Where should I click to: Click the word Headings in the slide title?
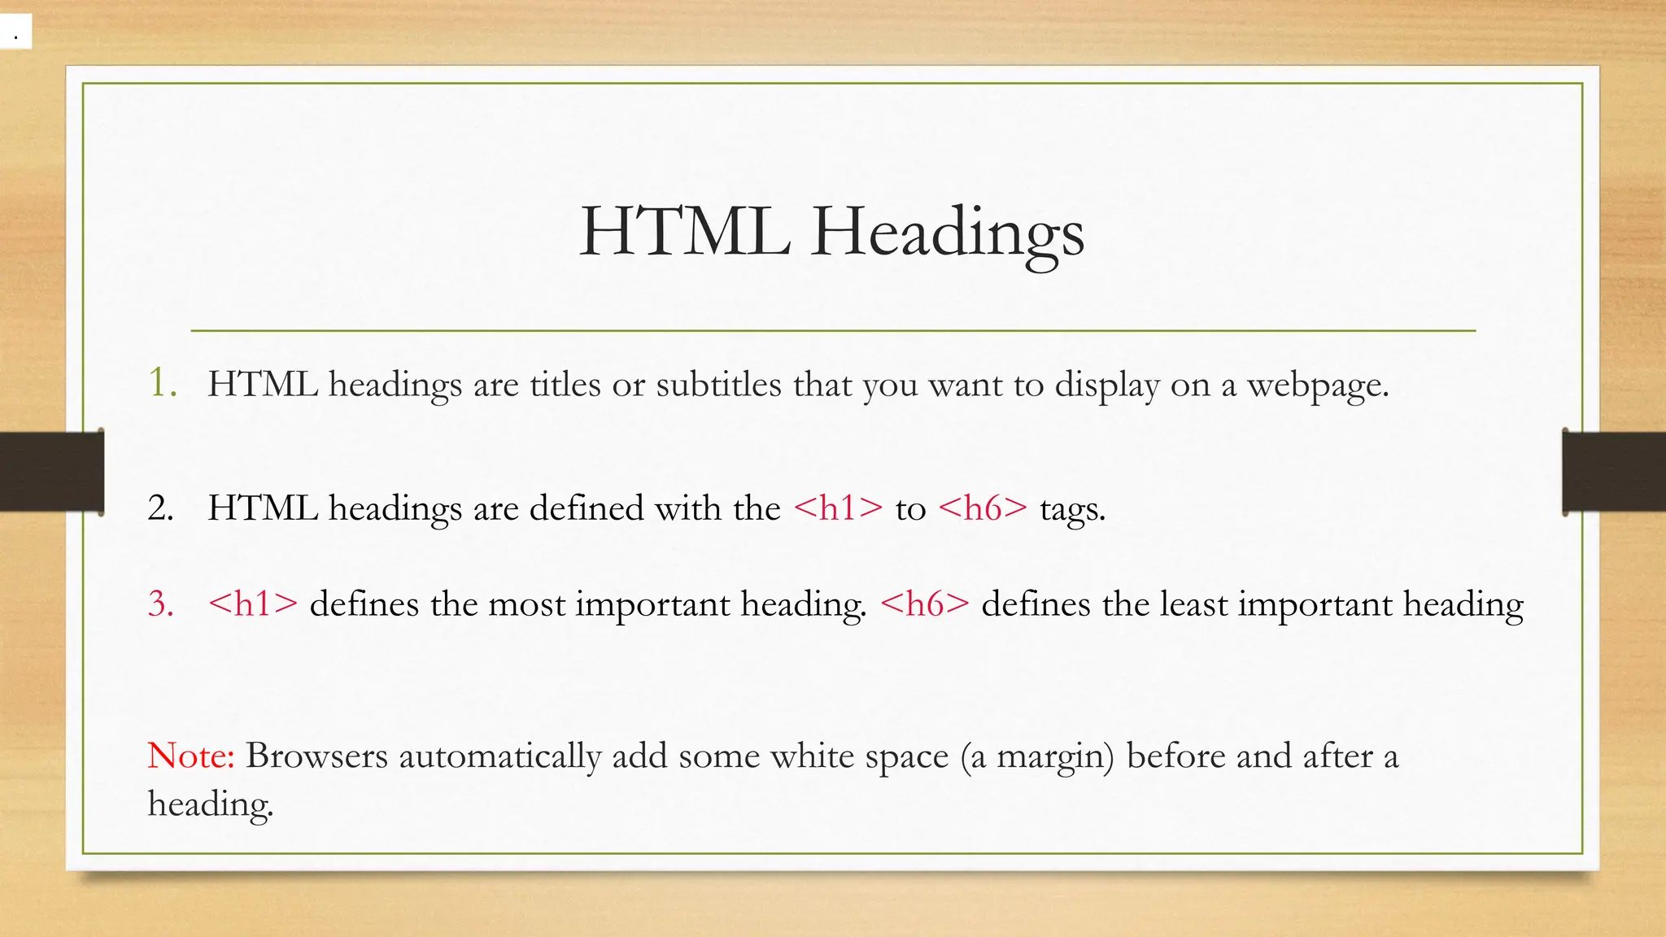(x=947, y=233)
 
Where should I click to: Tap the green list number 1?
(x=162, y=383)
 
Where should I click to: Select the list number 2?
(x=160, y=508)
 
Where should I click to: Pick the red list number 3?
(x=160, y=604)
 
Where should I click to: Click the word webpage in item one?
(x=1317, y=386)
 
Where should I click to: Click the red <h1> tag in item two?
(x=838, y=508)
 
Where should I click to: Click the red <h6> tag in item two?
(x=983, y=508)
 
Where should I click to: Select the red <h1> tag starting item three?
(x=253, y=604)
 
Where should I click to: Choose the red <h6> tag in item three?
(x=925, y=604)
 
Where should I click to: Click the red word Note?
(x=191, y=756)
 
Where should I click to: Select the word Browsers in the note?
(x=316, y=756)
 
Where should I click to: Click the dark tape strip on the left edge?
(x=51, y=472)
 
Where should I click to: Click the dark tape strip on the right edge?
(x=1614, y=473)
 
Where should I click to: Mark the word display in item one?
(x=1107, y=386)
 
